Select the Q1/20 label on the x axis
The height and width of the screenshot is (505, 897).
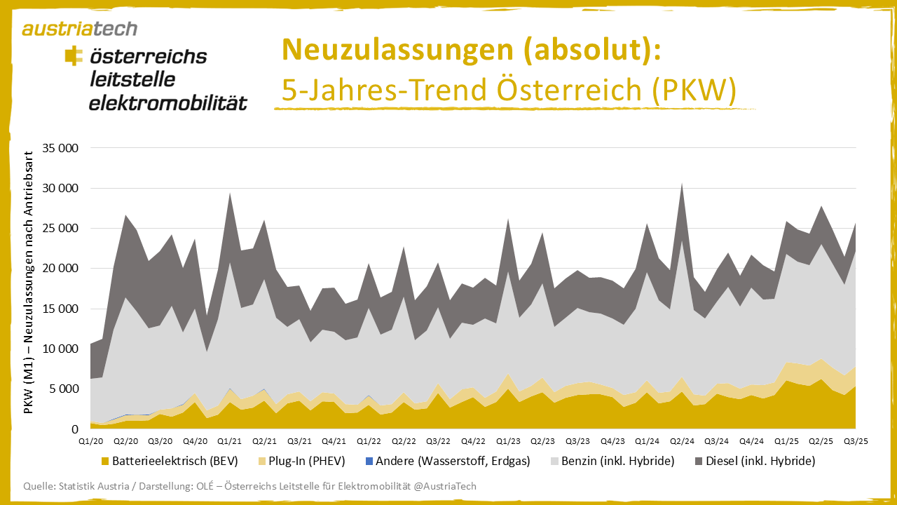tap(90, 440)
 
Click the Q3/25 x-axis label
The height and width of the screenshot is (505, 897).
tap(856, 440)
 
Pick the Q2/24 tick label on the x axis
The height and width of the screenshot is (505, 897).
tap(681, 440)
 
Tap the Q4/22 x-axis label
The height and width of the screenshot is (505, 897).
tap(473, 440)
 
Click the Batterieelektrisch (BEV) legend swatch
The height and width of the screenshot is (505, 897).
tap(106, 462)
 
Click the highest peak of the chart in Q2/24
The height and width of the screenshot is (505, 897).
tap(682, 184)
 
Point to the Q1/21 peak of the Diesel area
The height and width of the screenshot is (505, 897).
tap(230, 194)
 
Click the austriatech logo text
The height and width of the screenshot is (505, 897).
tap(79, 29)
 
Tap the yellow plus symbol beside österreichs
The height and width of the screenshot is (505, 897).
tap(72, 56)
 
